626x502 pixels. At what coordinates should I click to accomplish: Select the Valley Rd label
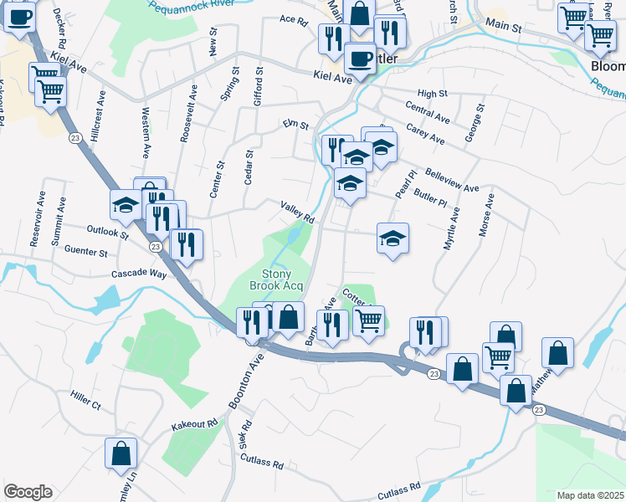coord(297,213)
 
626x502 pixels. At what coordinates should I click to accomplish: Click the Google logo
coord(28,492)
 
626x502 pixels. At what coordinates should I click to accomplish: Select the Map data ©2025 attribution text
coord(589,495)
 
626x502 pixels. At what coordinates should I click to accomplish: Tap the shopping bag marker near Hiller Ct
coord(121,453)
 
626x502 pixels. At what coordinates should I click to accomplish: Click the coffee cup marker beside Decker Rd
coord(18,17)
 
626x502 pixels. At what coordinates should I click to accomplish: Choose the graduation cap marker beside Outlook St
coord(126,205)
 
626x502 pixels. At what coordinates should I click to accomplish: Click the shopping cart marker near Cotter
coord(368,320)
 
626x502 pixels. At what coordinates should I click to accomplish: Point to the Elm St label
coord(296,126)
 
